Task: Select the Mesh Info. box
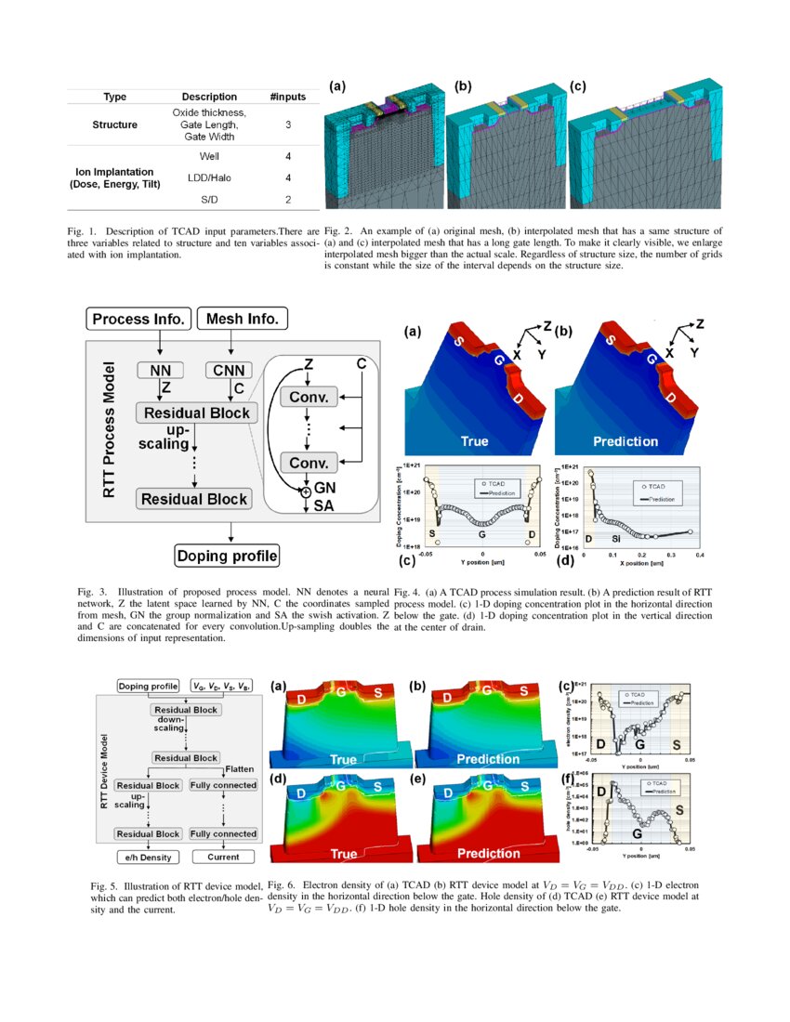click(x=242, y=320)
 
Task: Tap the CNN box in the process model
click(x=229, y=371)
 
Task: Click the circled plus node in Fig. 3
click(x=303, y=493)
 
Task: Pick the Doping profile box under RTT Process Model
click(x=227, y=557)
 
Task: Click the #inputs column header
click(x=288, y=97)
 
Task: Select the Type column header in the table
click(x=115, y=97)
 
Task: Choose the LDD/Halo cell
click(x=209, y=177)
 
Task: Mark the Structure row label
click(x=115, y=124)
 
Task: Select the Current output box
click(x=223, y=857)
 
